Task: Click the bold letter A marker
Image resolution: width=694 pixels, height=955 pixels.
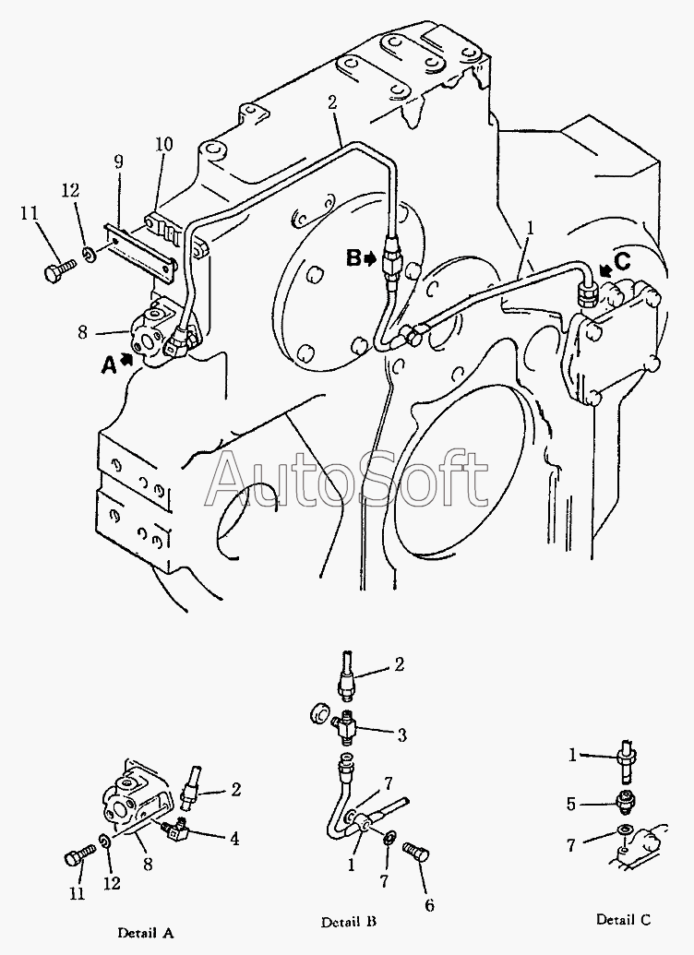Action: pos(109,364)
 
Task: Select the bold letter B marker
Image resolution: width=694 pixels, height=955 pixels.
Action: pos(353,258)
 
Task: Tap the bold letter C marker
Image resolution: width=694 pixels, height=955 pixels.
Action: pos(622,262)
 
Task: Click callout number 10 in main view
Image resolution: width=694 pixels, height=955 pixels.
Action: pos(164,144)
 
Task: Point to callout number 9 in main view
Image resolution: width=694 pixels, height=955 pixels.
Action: pos(118,161)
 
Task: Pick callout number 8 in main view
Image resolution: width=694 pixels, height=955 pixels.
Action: pos(83,332)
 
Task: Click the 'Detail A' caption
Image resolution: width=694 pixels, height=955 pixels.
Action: pos(146,933)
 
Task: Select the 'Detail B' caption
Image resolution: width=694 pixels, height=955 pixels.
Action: pos(349,922)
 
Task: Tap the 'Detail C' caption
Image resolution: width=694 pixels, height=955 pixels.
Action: pos(623,919)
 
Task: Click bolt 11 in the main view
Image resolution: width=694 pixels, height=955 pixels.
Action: pos(59,269)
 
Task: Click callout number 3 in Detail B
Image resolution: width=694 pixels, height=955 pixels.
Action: pos(401,735)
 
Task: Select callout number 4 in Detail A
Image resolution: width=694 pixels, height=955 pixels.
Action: pos(234,839)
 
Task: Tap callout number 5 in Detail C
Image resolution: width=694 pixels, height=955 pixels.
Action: pos(571,804)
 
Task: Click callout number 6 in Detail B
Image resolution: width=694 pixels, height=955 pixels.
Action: pos(429,906)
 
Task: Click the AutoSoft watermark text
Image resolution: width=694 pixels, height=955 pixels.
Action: pos(347,478)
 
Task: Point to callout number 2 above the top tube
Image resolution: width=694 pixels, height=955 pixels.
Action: pos(331,102)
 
